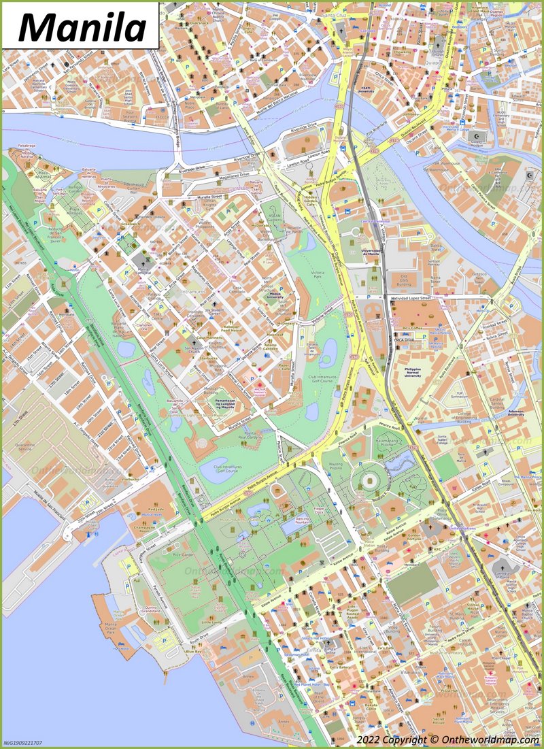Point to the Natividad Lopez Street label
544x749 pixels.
click(x=411, y=298)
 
